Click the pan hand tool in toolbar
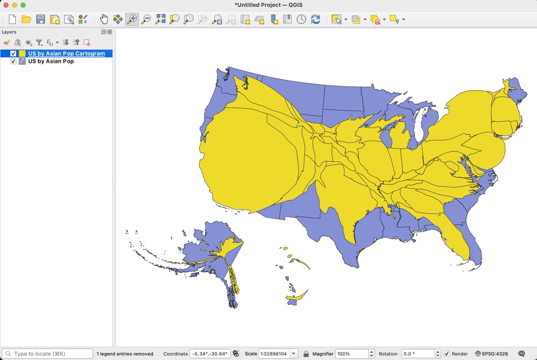pyautogui.click(x=104, y=19)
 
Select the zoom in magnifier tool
pyautogui.click(x=132, y=19)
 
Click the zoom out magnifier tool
pyautogui.click(x=146, y=19)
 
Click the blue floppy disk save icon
pyautogui.click(x=41, y=19)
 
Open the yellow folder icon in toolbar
pyautogui.click(x=26, y=19)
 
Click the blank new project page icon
pyautogui.click(x=13, y=19)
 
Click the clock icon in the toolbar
pyautogui.click(x=302, y=19)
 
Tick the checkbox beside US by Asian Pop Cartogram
pyautogui.click(x=13, y=54)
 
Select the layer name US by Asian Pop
pyautogui.click(x=51, y=61)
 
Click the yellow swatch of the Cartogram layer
pyautogui.click(x=22, y=54)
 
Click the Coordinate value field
pyautogui.click(x=210, y=354)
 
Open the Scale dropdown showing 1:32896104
pyautogui.click(x=294, y=354)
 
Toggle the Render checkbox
pyautogui.click(x=447, y=354)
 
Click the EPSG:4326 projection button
pyautogui.click(x=491, y=354)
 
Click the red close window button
pyautogui.click(x=6, y=5)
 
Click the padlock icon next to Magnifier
pyautogui.click(x=306, y=354)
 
